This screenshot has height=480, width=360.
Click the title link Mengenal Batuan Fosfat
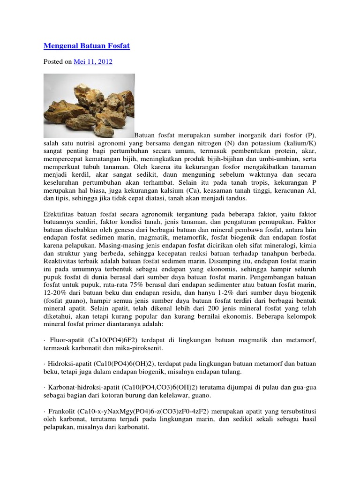pos(87,46)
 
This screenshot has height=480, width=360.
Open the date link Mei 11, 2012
pos(93,61)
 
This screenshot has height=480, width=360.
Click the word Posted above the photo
pos(53,61)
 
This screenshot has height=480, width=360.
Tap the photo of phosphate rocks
pos(89,105)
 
